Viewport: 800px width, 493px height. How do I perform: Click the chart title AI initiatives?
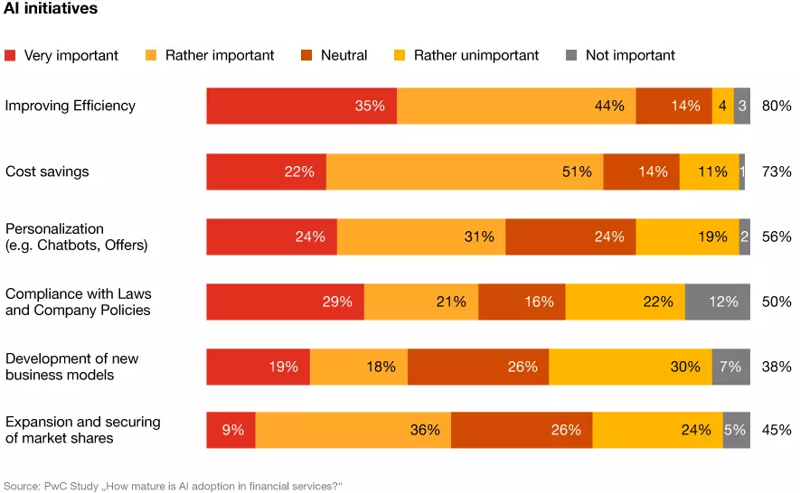pyautogui.click(x=51, y=9)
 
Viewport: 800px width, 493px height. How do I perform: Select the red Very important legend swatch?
pyautogui.click(x=11, y=55)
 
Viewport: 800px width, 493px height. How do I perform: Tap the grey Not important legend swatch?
pyautogui.click(x=570, y=55)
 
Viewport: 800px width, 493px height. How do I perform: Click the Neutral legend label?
pyautogui.click(x=344, y=55)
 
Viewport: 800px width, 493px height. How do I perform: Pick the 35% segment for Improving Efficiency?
pyautogui.click(x=301, y=106)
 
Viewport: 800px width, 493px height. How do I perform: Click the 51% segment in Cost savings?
pyautogui.click(x=465, y=172)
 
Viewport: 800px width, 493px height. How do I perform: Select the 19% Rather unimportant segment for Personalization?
pyautogui.click(x=687, y=237)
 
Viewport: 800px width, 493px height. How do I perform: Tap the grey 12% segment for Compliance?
pyautogui.click(x=717, y=302)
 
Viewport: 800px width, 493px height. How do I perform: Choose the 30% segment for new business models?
pyautogui.click(x=630, y=367)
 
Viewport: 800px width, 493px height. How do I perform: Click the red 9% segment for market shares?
pyautogui.click(x=231, y=430)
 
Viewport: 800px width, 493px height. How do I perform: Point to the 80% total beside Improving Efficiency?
pyautogui.click(x=776, y=106)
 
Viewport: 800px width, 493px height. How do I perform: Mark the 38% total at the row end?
pyautogui.click(x=776, y=367)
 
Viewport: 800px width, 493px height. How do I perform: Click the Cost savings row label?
pyautogui.click(x=47, y=172)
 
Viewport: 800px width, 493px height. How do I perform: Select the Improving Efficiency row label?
pyautogui.click(x=71, y=106)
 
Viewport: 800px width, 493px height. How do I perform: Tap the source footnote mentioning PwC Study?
pyautogui.click(x=174, y=486)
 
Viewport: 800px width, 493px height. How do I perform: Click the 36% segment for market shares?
pyautogui.click(x=353, y=430)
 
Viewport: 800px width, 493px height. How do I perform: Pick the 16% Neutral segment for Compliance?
pyautogui.click(x=522, y=302)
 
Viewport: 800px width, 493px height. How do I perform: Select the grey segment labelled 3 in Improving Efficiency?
pyautogui.click(x=741, y=106)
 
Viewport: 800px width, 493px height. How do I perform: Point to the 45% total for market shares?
pyautogui.click(x=776, y=430)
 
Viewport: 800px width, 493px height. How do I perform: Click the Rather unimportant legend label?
pyautogui.click(x=476, y=55)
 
